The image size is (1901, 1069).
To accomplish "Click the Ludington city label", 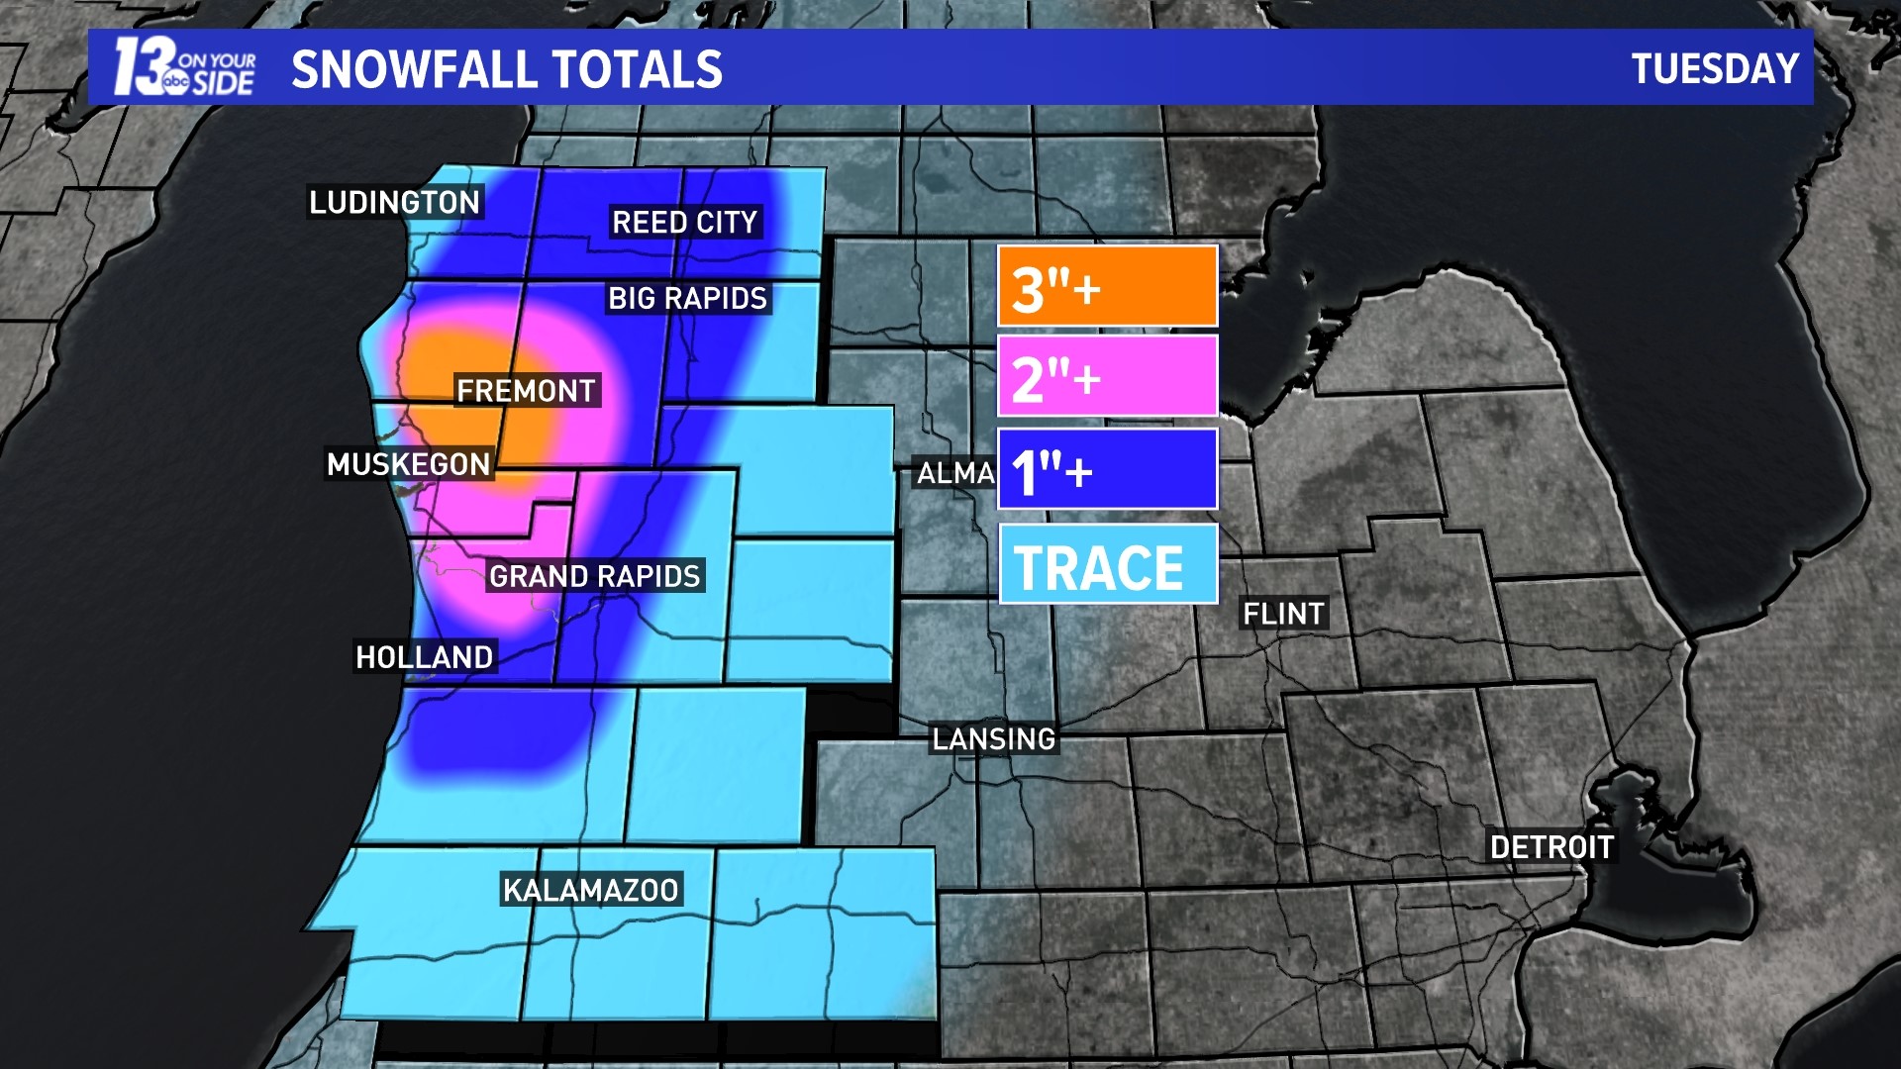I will coord(394,202).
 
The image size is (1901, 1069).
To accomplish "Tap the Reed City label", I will coord(684,222).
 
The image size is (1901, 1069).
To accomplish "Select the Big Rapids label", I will coord(687,298).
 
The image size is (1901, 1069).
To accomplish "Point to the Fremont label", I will coord(526,391).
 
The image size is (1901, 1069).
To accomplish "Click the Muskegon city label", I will coord(408,464).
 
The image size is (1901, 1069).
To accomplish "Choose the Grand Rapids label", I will coord(594,576).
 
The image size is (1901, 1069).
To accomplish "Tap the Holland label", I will coord(424,657).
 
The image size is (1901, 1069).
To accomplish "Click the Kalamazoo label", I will coord(590,890).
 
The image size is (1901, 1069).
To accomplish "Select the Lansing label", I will coord(994,739).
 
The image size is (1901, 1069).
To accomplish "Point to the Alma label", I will coord(955,473).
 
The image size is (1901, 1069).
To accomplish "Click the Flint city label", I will coord(1283,614).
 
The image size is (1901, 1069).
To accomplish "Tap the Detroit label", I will coord(1551,847).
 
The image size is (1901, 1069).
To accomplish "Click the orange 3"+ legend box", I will coord(1107,286).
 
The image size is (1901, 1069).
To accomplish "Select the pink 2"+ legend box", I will coord(1107,376).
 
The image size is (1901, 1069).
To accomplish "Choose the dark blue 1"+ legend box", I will coord(1107,469).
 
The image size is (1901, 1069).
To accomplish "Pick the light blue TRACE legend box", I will coord(1107,564).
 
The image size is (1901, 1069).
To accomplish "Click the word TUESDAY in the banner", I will coord(1715,69).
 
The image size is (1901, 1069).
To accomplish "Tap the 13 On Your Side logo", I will coord(184,67).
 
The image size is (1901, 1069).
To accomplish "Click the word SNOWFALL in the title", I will coord(413,69).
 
